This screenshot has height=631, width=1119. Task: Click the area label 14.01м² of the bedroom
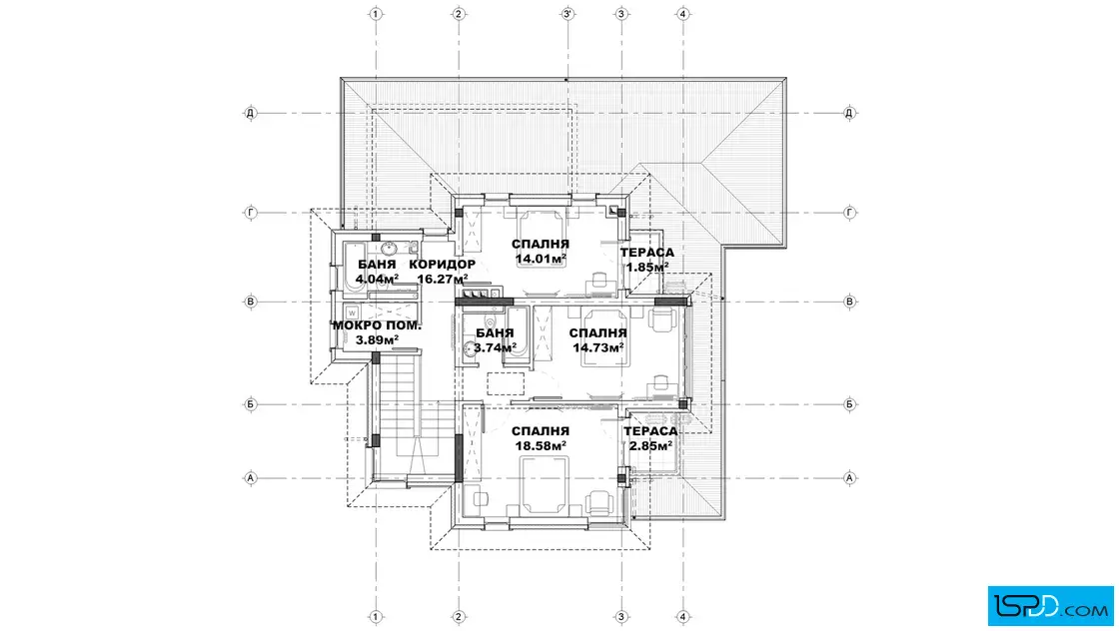541,259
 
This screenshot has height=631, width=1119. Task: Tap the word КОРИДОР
443,265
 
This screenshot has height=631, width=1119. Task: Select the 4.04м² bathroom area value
377,279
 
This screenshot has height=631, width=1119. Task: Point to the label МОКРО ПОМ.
377,325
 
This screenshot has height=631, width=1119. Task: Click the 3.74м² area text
495,347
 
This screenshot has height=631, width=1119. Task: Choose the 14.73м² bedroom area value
598,347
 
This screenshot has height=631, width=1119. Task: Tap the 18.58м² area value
541,445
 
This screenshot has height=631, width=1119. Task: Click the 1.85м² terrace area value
647,267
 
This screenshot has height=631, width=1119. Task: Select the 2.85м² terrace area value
650,445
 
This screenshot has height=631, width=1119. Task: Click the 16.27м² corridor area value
443,279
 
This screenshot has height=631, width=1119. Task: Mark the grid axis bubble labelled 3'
567,14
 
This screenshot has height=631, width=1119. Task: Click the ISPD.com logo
1050,606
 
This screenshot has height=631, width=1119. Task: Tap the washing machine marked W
352,314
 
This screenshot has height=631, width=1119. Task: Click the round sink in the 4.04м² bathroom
389,249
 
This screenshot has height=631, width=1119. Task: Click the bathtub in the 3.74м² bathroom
518,336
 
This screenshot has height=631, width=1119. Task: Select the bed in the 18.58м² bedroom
544,485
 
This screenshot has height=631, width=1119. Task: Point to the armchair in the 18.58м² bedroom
599,502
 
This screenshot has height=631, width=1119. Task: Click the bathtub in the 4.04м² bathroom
355,270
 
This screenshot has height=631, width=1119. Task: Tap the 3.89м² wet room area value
377,340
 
